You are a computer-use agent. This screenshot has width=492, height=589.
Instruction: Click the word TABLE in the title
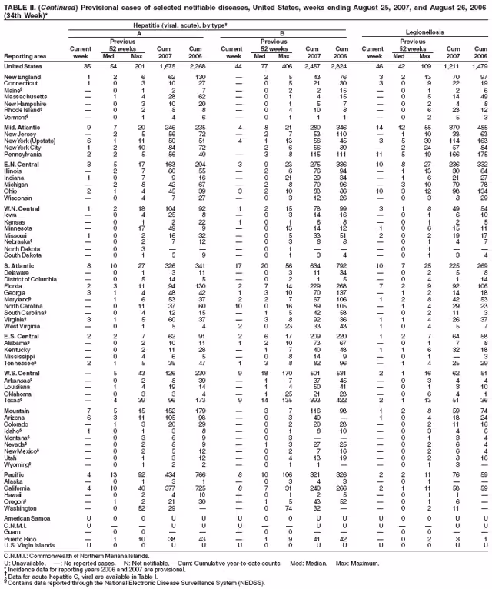[x=15, y=5]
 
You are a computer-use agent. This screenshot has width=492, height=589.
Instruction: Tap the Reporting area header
[x=25, y=56]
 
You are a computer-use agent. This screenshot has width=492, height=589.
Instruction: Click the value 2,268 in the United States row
[x=196, y=67]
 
